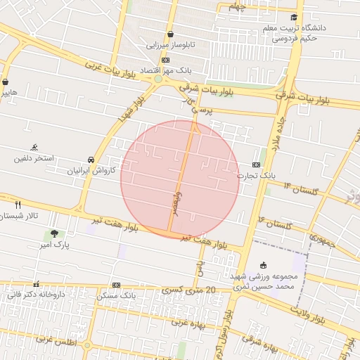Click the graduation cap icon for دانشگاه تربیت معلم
click(x=294, y=18)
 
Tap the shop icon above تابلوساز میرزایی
click(x=170, y=34)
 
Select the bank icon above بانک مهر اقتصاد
click(x=165, y=60)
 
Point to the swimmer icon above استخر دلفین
click(x=34, y=148)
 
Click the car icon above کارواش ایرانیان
click(x=91, y=160)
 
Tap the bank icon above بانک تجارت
click(x=257, y=165)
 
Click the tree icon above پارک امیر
click(x=55, y=233)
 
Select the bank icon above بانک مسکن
click(x=116, y=285)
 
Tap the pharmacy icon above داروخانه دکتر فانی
click(x=36, y=284)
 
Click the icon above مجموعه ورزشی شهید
click(x=263, y=265)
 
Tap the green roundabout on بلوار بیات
click(x=158, y=79)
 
